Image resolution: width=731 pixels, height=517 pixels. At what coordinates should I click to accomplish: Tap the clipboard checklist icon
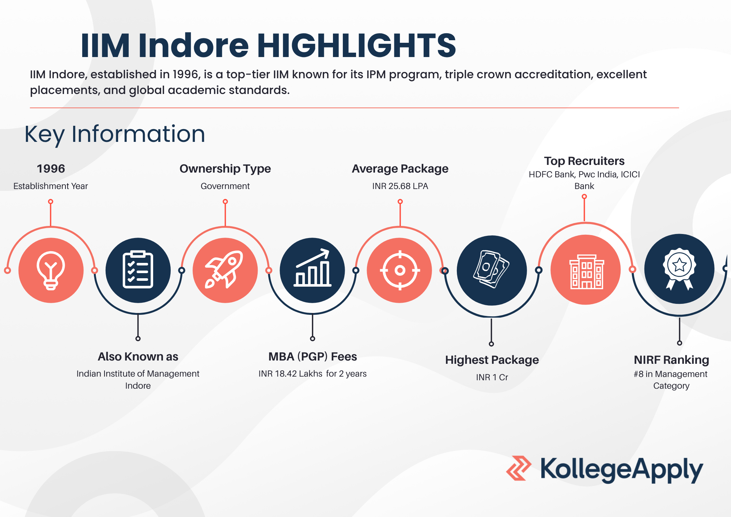coord(138,269)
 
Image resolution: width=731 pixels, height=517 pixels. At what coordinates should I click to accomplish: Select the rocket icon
coord(224,269)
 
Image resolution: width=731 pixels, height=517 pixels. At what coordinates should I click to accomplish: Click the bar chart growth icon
coord(313,268)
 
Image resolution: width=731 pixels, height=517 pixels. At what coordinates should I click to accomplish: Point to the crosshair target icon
coord(400,271)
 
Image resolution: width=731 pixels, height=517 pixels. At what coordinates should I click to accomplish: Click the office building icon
coord(586,272)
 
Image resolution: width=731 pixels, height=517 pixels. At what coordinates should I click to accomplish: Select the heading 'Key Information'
coord(115,134)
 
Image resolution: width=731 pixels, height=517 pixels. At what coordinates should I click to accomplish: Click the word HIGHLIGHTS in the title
coord(356,46)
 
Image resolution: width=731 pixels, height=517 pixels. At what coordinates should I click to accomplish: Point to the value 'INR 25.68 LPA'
coord(400,186)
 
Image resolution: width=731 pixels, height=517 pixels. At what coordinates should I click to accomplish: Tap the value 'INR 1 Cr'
coord(492,377)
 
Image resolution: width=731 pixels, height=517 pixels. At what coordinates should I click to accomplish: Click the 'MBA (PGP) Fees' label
coord(313,356)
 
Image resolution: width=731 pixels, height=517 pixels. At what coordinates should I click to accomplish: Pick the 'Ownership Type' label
coord(225,169)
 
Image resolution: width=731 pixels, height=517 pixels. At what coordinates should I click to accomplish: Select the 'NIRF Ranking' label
coord(671,360)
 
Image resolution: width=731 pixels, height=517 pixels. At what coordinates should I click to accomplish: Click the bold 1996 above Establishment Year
coord(51,169)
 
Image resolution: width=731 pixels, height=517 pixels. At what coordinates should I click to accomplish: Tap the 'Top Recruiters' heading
coord(584,161)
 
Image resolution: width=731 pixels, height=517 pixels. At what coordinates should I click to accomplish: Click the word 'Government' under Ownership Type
coord(225,186)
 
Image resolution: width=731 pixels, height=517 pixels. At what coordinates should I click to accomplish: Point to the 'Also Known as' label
coord(138,356)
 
